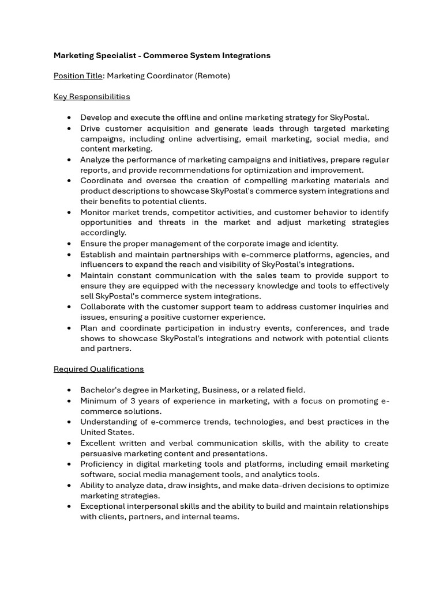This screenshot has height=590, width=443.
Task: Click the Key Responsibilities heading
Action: click(92, 96)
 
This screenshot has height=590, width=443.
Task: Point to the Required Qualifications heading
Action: click(99, 369)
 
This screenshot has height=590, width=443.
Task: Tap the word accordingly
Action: click(103, 233)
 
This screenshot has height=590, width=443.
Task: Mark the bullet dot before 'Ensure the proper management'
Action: click(69, 244)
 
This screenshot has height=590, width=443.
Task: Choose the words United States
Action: click(107, 432)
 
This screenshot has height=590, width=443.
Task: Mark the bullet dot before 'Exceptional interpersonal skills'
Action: click(69, 506)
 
